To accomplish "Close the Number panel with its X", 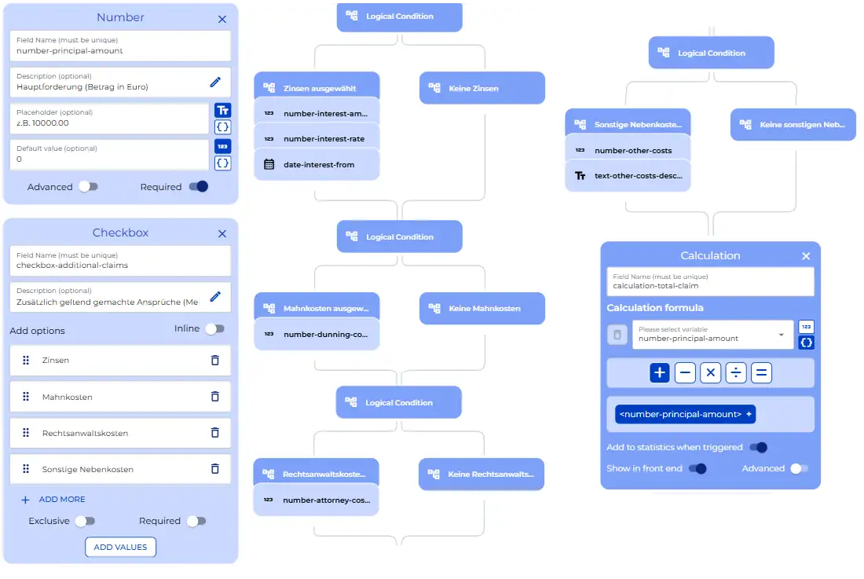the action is point(222,20).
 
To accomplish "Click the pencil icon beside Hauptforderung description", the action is point(215,82).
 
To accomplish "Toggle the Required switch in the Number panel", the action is point(199,187).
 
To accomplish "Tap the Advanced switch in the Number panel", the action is point(88,187).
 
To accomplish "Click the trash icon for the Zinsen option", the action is point(215,361).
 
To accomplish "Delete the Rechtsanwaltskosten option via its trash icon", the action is point(215,433).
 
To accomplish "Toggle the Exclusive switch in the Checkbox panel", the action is point(86,521).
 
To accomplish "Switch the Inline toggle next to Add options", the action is point(215,329).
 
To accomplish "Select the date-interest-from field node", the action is point(317,165).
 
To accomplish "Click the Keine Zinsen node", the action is point(482,88).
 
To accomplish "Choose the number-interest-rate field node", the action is point(317,139).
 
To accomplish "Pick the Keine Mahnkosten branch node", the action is point(482,309).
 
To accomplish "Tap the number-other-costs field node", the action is point(628,150).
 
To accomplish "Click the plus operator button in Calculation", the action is point(660,373).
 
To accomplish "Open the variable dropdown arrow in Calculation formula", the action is point(782,335).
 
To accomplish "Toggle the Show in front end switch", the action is point(697,469).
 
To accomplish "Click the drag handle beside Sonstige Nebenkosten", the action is point(26,469).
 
